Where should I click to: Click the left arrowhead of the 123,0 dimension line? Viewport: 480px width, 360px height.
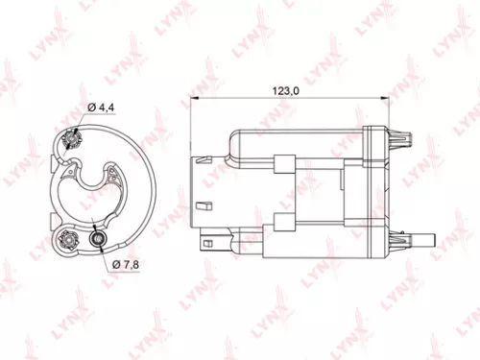pyautogui.click(x=195, y=101)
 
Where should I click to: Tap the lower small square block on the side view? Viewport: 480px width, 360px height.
pyautogui.click(x=285, y=222)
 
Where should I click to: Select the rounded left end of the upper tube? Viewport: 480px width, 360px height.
pyautogui.click(x=232, y=144)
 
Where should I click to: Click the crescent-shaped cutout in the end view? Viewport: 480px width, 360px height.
pyautogui.click(x=97, y=185)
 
